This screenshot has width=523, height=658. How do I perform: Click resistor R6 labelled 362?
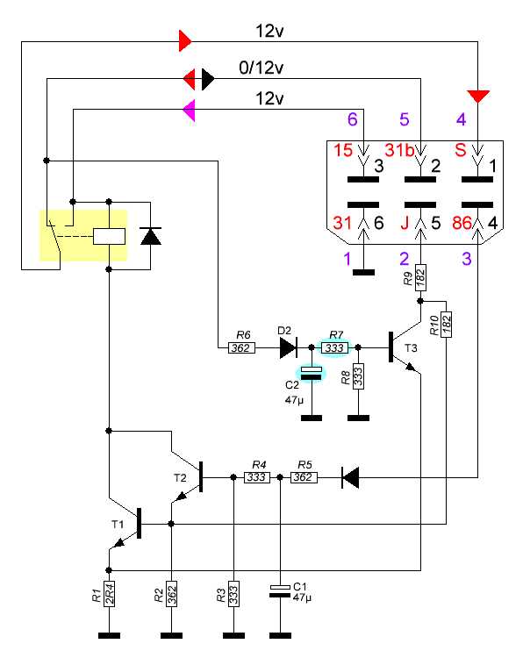pos(242,348)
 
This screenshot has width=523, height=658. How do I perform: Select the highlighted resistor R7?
pos(334,348)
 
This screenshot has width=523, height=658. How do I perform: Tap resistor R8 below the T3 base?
pos(358,376)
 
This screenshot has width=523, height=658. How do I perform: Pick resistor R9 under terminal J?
pos(420,277)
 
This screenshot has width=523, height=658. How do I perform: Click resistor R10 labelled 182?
pos(446,325)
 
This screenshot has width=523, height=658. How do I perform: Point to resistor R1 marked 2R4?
pos(109,594)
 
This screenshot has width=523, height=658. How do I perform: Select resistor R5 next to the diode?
pos(304,477)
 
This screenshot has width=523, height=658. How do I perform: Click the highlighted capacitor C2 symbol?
pos(312,373)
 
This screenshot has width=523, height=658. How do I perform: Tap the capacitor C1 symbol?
pos(280,590)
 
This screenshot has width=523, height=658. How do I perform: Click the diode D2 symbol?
pos(289,348)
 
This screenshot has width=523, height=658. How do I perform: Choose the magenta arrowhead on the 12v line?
pos(190,111)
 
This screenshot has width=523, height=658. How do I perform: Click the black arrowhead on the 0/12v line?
pos(208,78)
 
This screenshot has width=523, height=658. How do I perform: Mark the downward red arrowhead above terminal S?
pos(478,97)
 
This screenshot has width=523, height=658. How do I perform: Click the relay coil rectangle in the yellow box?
pos(109,236)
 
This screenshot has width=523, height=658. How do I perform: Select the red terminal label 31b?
pos(399,150)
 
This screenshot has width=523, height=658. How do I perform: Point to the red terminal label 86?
pos(462,223)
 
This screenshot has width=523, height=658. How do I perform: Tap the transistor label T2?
pos(180,478)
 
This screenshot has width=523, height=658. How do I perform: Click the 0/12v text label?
pos(261,68)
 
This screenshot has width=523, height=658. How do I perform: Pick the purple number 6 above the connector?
pos(353,119)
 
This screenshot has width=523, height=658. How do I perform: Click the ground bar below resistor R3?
pos(233,636)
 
